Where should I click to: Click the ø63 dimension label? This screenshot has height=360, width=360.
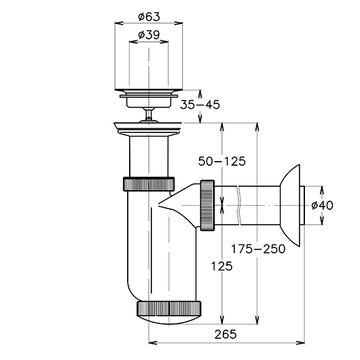pos(149,17)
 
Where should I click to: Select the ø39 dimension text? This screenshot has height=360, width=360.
pos(149,35)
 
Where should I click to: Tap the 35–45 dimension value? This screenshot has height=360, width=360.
pos(200,105)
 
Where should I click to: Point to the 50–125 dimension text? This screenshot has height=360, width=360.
pos(222,161)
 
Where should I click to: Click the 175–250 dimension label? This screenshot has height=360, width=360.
pos(258,249)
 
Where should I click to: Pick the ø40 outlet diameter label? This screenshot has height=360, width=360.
pos(323,205)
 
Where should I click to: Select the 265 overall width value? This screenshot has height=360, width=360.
pos(226,334)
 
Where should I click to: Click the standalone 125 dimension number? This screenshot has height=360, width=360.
pos(222,266)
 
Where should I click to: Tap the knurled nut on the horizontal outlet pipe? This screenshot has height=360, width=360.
pos(208,205)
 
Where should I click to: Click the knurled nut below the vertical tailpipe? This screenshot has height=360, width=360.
pos(149,183)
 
